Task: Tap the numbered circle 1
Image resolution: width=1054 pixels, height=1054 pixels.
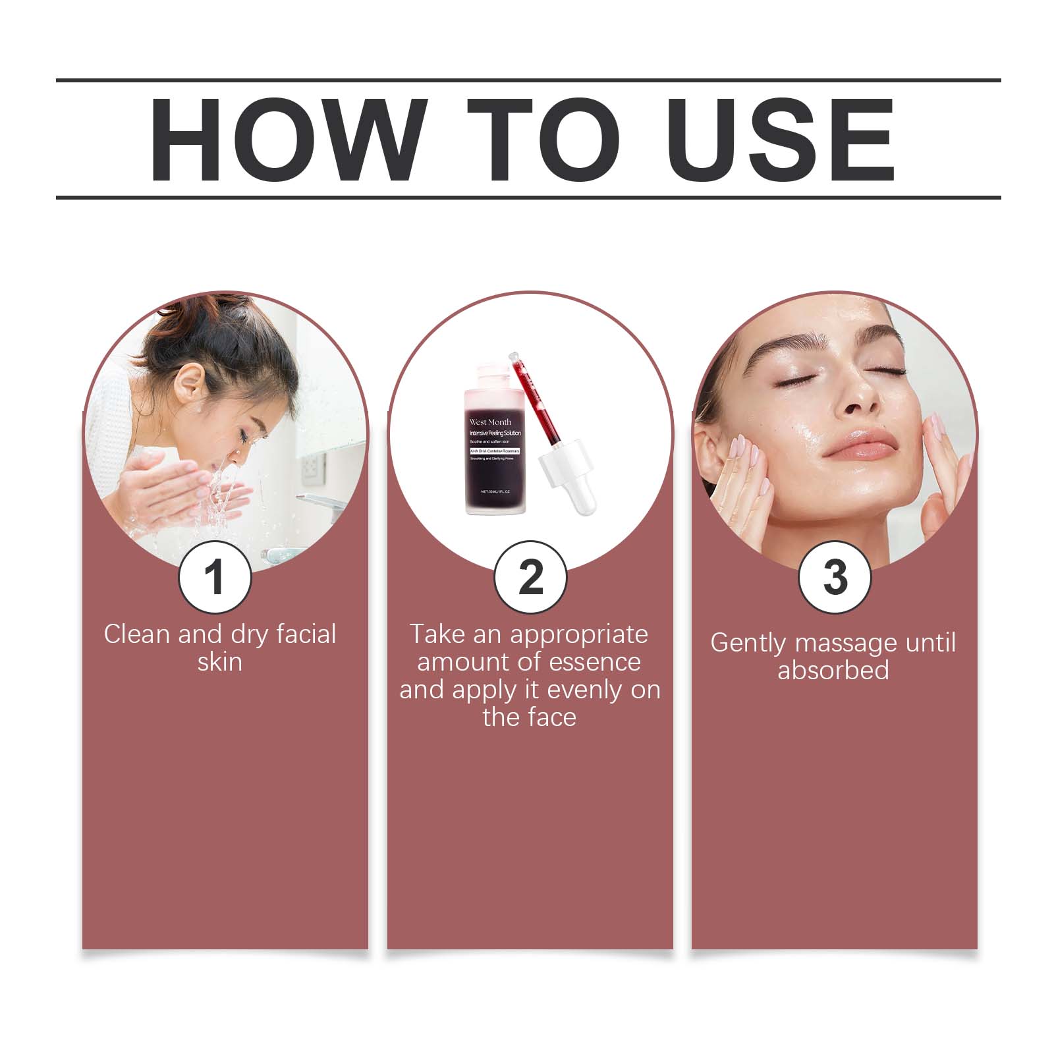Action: coord(215,577)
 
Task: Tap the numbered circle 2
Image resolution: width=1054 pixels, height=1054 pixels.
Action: coord(530,577)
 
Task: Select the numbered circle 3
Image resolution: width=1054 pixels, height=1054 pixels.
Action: coord(835,577)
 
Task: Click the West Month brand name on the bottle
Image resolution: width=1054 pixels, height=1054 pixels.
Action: coord(490,422)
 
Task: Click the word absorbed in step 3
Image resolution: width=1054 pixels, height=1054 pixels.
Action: coord(833,671)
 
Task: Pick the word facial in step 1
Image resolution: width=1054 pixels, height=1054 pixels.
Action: coord(306,634)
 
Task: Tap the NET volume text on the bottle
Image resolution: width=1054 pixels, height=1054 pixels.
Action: coord(501,492)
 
